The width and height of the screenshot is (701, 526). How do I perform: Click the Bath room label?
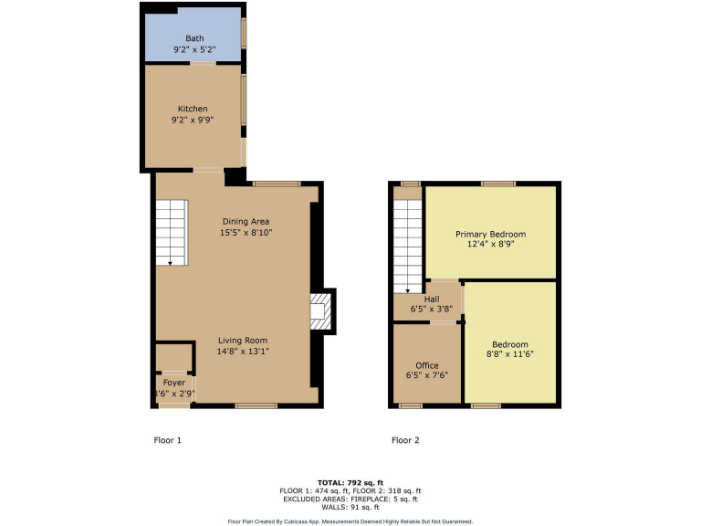pyautogui.click(x=194, y=38)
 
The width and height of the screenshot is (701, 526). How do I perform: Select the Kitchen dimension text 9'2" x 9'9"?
pyautogui.click(x=193, y=120)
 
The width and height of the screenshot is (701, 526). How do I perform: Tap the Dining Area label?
pyautogui.click(x=246, y=221)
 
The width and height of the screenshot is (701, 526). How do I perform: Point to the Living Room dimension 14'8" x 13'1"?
pyautogui.click(x=243, y=352)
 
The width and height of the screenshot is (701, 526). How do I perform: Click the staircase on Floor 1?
pyautogui.click(x=171, y=234)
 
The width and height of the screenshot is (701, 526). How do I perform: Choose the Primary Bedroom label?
pyautogui.click(x=490, y=235)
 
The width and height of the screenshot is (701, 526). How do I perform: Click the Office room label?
pyautogui.click(x=426, y=365)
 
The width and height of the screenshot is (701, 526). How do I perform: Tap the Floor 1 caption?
pyautogui.click(x=167, y=440)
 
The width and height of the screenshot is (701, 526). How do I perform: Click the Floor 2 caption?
pyautogui.click(x=405, y=440)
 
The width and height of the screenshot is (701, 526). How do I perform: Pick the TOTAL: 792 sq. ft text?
pyautogui.click(x=350, y=481)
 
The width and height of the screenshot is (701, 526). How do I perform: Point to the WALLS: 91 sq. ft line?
pyautogui.click(x=350, y=508)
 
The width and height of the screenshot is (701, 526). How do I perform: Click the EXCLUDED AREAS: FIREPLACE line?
pyautogui.click(x=350, y=499)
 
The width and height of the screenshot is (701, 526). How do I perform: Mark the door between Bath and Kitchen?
pyautogui.click(x=203, y=63)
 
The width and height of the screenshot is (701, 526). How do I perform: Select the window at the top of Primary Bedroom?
pyautogui.click(x=499, y=184)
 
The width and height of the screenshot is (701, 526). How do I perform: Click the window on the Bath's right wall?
pyautogui.click(x=244, y=32)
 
